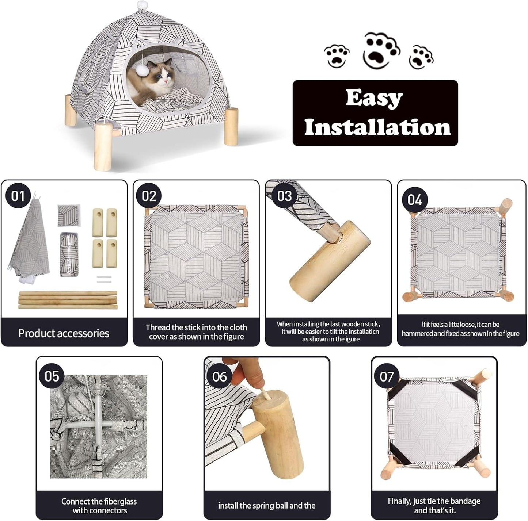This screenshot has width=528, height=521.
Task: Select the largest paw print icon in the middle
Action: pos(381,50)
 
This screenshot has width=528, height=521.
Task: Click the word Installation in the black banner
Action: pos(377,127)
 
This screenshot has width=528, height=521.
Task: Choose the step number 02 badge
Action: pos(149,196)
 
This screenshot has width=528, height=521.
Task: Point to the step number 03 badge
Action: pos(284,196)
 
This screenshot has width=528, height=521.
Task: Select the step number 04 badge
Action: pos(415,200)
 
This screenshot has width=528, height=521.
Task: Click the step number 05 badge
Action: pos(52,376)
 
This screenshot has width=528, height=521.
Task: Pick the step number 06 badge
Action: pos(219,376)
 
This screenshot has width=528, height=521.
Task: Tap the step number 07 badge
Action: pos(387,376)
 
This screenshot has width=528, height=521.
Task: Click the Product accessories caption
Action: pos(64,333)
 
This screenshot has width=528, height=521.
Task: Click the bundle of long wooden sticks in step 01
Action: pos(68,300)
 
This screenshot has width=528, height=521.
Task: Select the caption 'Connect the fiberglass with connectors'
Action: pos(99,506)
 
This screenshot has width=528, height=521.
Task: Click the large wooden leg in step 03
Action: pos(329,263)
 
